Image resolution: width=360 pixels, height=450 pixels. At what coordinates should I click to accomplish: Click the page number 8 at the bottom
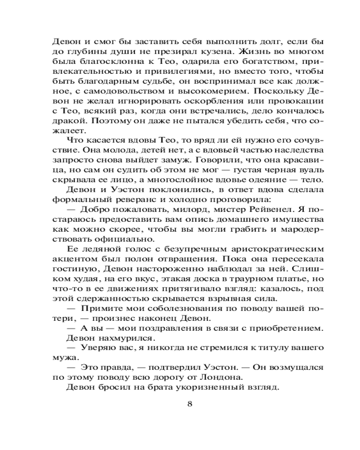tap(189, 403)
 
